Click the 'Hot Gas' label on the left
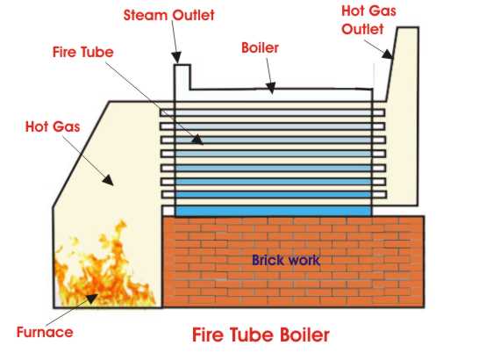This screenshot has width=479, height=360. tap(52, 127)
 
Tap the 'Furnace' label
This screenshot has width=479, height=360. tap(44, 332)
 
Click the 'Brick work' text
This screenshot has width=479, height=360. tap(285, 260)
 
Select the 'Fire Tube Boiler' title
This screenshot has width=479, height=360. tap(262, 335)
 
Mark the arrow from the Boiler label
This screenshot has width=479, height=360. tap(267, 72)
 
